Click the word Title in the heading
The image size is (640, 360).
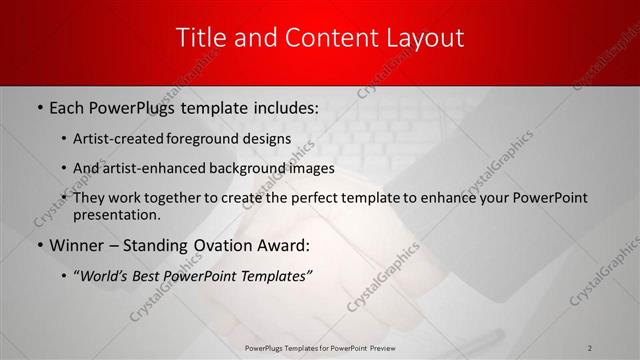pyautogui.click(x=201, y=38)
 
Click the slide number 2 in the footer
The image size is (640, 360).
pyautogui.click(x=590, y=347)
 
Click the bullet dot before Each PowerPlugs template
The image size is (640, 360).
pyautogui.click(x=39, y=106)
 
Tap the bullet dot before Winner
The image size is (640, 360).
pyautogui.click(x=39, y=245)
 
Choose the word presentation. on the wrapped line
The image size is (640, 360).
pyautogui.click(x=116, y=214)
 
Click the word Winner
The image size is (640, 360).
pyautogui.click(x=76, y=245)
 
